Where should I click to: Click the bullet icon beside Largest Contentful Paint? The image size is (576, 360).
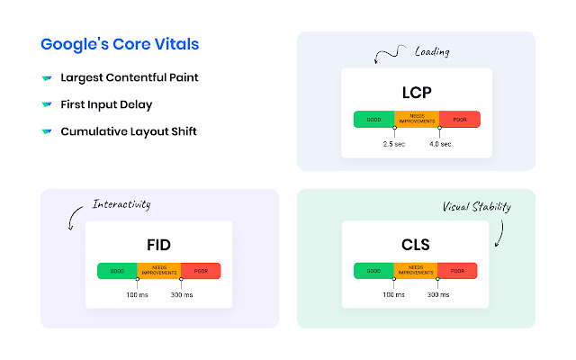[46, 77]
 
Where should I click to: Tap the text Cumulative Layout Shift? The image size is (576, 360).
[129, 131]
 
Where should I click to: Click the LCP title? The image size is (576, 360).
[416, 92]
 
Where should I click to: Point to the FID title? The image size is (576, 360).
[158, 244]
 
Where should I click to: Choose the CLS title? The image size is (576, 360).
[416, 244]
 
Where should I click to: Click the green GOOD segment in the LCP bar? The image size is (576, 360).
[373, 118]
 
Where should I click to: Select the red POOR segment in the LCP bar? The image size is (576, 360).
[459, 118]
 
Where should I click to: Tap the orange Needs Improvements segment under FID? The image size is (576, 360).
[159, 270]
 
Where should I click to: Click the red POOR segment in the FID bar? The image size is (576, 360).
[201, 270]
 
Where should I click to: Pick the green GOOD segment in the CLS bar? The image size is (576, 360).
[373, 270]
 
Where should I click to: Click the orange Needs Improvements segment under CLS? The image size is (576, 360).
[416, 270]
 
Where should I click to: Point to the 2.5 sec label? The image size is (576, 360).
[394, 144]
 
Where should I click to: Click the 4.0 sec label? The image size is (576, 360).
[439, 144]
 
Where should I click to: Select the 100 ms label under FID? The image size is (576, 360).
[137, 295]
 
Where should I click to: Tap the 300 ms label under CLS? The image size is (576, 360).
[438, 295]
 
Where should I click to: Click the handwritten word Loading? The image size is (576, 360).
[431, 52]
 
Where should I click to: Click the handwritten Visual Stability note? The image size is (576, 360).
[477, 207]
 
